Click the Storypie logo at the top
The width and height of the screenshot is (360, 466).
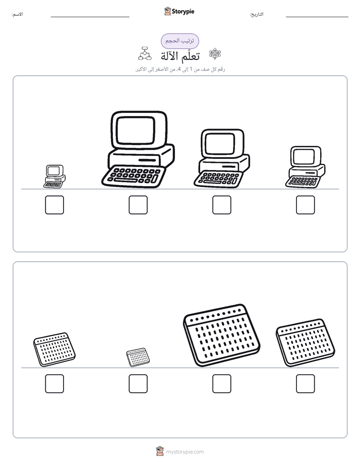click(x=179, y=11)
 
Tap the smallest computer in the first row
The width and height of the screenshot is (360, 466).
click(x=54, y=177)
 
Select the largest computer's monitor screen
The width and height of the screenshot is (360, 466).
click(x=136, y=130)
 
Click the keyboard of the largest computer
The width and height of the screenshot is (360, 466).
click(x=134, y=177)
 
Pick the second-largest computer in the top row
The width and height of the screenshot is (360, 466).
click(x=222, y=158)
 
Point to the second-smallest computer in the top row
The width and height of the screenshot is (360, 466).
click(x=306, y=167)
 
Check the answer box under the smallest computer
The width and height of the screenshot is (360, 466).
click(x=54, y=205)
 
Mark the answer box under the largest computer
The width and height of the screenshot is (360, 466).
click(x=138, y=205)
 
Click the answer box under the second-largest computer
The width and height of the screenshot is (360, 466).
click(x=222, y=205)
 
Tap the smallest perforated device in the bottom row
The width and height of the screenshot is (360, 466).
click(x=138, y=357)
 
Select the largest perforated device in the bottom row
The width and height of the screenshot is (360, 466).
click(x=221, y=335)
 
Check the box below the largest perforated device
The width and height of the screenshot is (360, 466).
click(x=222, y=384)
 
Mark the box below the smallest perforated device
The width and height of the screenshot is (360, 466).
click(x=138, y=384)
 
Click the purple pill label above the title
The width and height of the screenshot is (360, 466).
click(x=179, y=41)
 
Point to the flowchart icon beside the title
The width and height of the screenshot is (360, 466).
click(x=145, y=53)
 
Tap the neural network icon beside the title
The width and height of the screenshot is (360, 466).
click(x=215, y=54)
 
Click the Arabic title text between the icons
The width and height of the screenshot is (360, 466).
click(x=180, y=56)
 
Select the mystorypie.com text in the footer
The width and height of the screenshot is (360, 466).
click(x=185, y=452)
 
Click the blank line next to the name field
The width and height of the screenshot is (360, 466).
click(x=90, y=17)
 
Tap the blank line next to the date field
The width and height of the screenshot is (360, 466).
click(x=317, y=17)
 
